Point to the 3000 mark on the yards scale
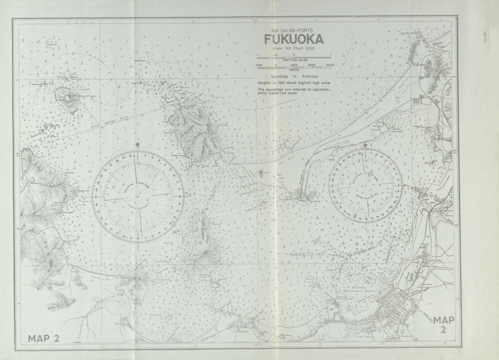pyautogui.click(x=330, y=65)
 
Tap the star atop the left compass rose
pyautogui.click(x=138, y=145)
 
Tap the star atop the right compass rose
pyautogui.click(x=366, y=145)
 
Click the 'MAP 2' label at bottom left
pyautogui.click(x=44, y=338)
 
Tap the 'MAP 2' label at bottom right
pyautogui.click(x=444, y=325)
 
